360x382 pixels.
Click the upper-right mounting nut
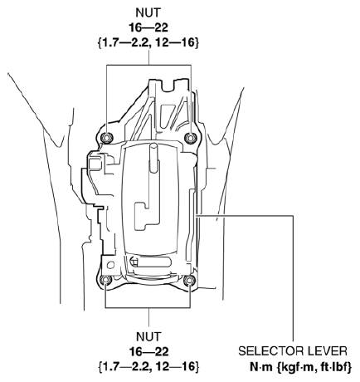coord(191,137)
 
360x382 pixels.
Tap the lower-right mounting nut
coord(190,282)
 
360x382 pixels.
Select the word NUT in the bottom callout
coord(148,337)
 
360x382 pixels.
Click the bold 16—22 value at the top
coord(148,27)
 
